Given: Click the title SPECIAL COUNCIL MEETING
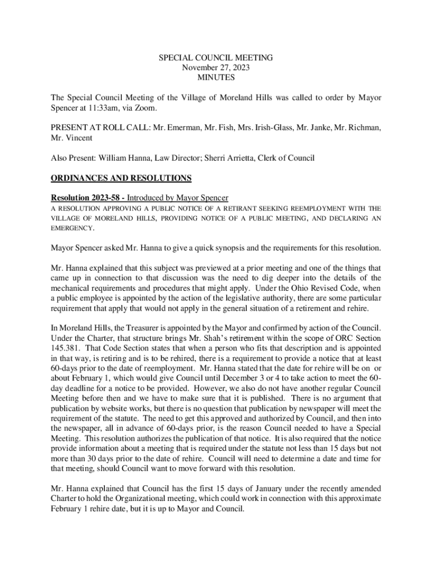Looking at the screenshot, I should tap(216, 58).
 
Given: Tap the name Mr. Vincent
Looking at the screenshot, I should tap(72, 138).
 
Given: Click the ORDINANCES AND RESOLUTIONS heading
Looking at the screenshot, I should tap(121, 179).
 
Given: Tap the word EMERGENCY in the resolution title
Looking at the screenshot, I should tap(72, 229).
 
